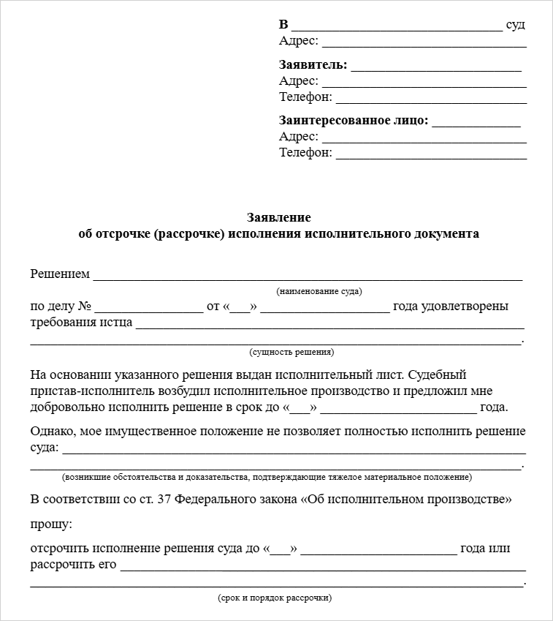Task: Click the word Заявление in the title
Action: coord(278,218)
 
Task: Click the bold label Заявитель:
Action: coord(313,65)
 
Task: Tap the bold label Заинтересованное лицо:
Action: coord(354,121)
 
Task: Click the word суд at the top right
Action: coord(515,25)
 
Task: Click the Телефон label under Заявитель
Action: coord(305,97)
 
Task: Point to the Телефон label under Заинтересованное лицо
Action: coord(305,152)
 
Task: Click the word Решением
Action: coord(60,274)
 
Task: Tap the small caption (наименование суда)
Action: coord(319,291)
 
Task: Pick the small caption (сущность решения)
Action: coord(292,352)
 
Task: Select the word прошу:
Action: coord(51,524)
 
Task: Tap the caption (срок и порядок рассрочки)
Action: coord(275,598)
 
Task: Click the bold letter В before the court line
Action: coord(283,25)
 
